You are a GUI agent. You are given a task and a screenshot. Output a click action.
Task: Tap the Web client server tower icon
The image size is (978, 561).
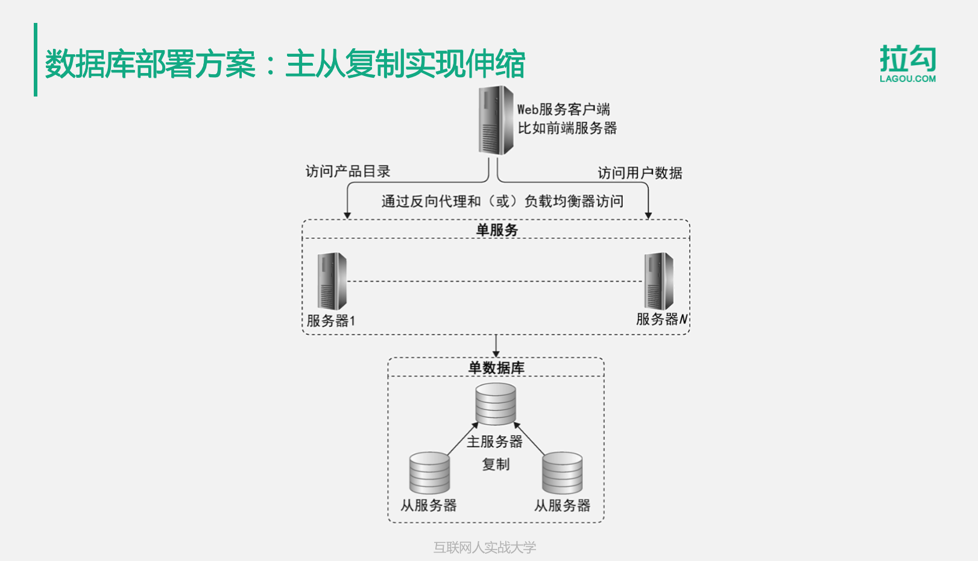[x=496, y=121]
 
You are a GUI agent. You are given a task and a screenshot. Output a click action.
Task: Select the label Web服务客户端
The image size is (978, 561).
[x=563, y=110]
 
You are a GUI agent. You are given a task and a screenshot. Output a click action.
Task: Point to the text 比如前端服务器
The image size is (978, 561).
[x=567, y=128]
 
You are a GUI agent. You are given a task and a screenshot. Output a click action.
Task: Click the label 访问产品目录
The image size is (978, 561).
[x=348, y=172]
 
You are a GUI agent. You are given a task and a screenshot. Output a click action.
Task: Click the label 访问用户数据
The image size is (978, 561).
[x=640, y=173]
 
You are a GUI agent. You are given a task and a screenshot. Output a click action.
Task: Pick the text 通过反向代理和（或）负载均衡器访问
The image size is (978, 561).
[x=502, y=201]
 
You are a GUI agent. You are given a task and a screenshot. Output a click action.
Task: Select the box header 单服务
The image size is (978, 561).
[x=496, y=230]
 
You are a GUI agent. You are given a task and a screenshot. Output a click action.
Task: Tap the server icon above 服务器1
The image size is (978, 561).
[x=332, y=281]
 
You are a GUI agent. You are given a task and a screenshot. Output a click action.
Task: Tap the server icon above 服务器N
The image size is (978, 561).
[x=658, y=281]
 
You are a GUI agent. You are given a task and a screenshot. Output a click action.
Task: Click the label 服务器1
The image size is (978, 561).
[x=331, y=321]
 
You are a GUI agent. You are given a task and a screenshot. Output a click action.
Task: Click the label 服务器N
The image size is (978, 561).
[x=661, y=319]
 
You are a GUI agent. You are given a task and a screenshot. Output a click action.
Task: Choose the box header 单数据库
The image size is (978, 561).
[x=496, y=368]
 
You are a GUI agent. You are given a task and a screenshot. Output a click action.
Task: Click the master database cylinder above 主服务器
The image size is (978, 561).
[x=496, y=404]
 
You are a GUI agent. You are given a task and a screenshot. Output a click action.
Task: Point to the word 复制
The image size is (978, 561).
[x=496, y=464]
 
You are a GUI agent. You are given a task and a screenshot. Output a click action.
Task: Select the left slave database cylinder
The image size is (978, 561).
[x=429, y=473]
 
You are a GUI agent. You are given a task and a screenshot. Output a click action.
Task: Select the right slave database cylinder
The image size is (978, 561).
[x=562, y=473]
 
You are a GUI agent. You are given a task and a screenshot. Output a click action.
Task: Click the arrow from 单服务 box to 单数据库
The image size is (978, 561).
[x=496, y=346]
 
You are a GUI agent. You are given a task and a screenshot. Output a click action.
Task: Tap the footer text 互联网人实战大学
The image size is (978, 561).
[x=484, y=547]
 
